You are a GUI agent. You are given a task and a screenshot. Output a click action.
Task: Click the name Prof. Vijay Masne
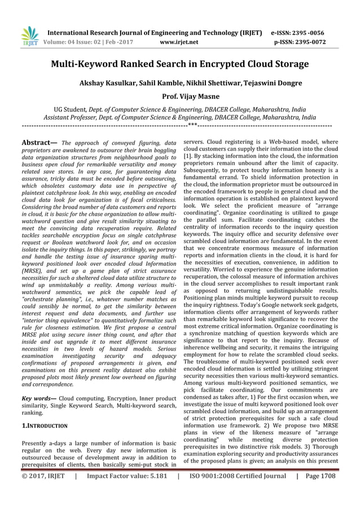pyautogui.click(x=180, y=96)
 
